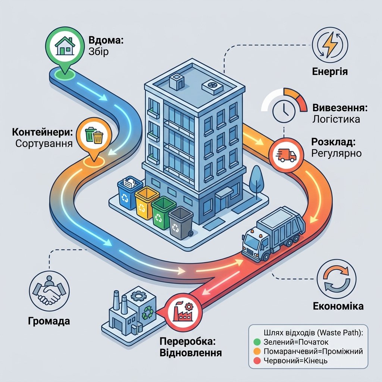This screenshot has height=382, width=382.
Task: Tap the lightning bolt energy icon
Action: (330, 45)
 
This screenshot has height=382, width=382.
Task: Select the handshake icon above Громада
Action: (49, 291)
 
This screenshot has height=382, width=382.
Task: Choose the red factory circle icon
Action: (184, 311)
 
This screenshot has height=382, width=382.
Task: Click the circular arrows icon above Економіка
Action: (336, 279)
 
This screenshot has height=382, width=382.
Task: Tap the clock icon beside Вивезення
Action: (284, 111)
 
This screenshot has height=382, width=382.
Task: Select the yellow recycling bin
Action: (146, 203)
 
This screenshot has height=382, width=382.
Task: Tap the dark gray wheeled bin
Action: (181, 223)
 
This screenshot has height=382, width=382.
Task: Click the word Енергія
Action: (330, 72)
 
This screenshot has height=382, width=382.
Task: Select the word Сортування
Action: (44, 143)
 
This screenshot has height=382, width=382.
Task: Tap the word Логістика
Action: (336, 119)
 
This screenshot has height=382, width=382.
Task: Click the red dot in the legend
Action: (257, 361)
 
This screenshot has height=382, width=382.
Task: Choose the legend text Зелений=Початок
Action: (296, 342)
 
